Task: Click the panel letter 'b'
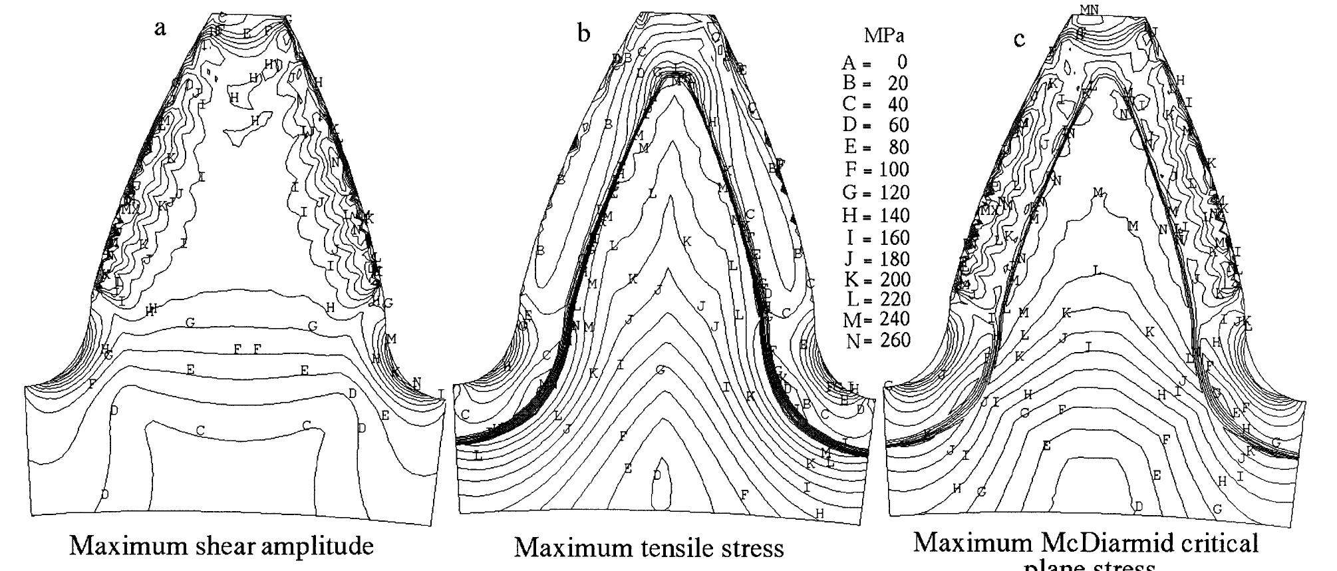(x=583, y=33)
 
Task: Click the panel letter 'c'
(x=1019, y=39)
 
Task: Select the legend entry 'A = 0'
(x=874, y=63)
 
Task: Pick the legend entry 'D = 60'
(x=875, y=125)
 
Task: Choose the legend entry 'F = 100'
(x=877, y=170)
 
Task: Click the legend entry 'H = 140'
(x=876, y=215)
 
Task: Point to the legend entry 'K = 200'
(x=876, y=279)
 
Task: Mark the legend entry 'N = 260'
(x=878, y=341)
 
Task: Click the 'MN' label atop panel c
(x=1089, y=9)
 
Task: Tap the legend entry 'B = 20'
(x=875, y=83)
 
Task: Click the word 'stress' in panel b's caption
(x=746, y=548)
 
